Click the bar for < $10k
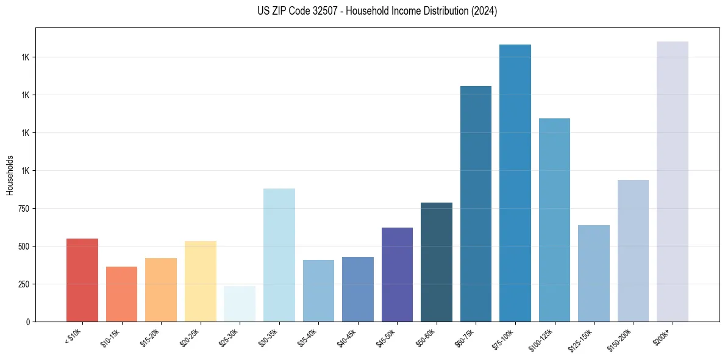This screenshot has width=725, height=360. tap(82, 280)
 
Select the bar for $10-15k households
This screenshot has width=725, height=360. tap(121, 294)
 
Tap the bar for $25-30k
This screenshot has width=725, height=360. tap(240, 304)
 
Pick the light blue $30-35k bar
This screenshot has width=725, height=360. tap(279, 255)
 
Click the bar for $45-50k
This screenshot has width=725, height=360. tap(397, 275)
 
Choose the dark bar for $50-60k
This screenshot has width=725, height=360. tap(437, 262)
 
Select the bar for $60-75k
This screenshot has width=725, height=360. tap(476, 204)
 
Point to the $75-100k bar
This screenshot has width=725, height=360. tap(515, 183)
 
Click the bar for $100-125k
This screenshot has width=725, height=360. tap(554, 220)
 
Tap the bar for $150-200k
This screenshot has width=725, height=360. tap(633, 251)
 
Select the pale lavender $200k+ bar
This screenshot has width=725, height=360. tap(673, 181)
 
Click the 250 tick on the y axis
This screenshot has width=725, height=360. tap(24, 284)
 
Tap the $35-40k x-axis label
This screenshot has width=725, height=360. tap(308, 337)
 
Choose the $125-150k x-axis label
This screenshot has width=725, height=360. tap(582, 339)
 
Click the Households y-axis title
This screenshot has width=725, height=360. tap(10, 175)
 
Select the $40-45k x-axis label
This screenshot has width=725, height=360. tap(348, 337)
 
